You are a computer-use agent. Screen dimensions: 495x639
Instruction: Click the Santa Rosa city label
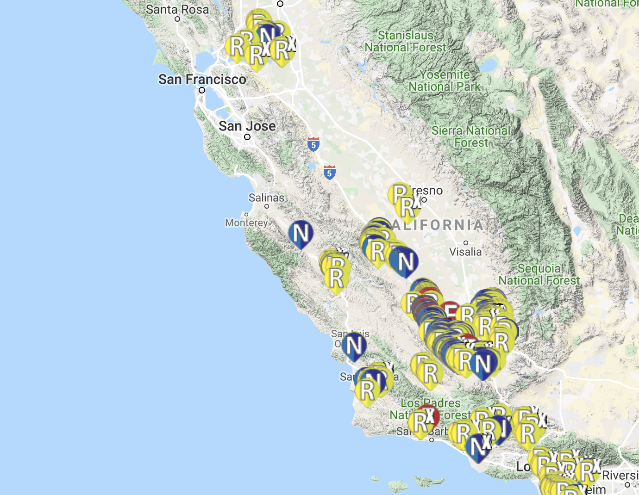pyautogui.click(x=177, y=9)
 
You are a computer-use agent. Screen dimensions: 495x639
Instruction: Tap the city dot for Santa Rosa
pyautogui.click(x=177, y=19)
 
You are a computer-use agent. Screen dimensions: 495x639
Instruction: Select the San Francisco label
pyautogui.click(x=202, y=79)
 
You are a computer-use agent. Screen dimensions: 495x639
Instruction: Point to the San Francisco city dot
pyautogui.click(x=202, y=90)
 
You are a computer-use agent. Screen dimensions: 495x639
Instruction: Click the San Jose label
pyautogui.click(x=247, y=126)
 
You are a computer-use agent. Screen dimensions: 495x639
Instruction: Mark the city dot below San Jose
pyautogui.click(x=247, y=137)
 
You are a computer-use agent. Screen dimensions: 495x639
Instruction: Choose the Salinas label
pyautogui.click(x=266, y=198)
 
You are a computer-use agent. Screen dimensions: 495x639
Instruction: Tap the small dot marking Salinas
pyautogui.click(x=267, y=206)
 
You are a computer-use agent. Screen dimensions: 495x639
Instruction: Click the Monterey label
pyautogui.click(x=246, y=223)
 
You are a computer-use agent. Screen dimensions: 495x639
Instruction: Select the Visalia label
pyautogui.click(x=465, y=252)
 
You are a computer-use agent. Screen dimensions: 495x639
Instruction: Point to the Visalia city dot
pyautogui.click(x=466, y=242)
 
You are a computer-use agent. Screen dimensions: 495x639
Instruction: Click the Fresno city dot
pyautogui.click(x=424, y=200)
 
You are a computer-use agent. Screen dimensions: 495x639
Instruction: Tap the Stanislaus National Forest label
pyautogui.click(x=405, y=41)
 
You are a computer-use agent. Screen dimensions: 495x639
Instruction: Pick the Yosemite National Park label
pyautogui.click(x=445, y=80)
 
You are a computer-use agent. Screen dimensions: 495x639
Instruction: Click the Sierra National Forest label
pyautogui.click(x=471, y=136)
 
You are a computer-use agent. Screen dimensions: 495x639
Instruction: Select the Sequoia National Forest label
pyautogui.click(x=539, y=274)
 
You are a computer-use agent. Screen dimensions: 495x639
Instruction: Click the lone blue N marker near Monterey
pyautogui.click(x=301, y=233)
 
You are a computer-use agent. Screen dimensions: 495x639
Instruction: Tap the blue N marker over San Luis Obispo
pyautogui.click(x=354, y=346)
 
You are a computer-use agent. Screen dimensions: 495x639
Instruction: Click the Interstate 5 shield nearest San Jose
pyautogui.click(x=313, y=144)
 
